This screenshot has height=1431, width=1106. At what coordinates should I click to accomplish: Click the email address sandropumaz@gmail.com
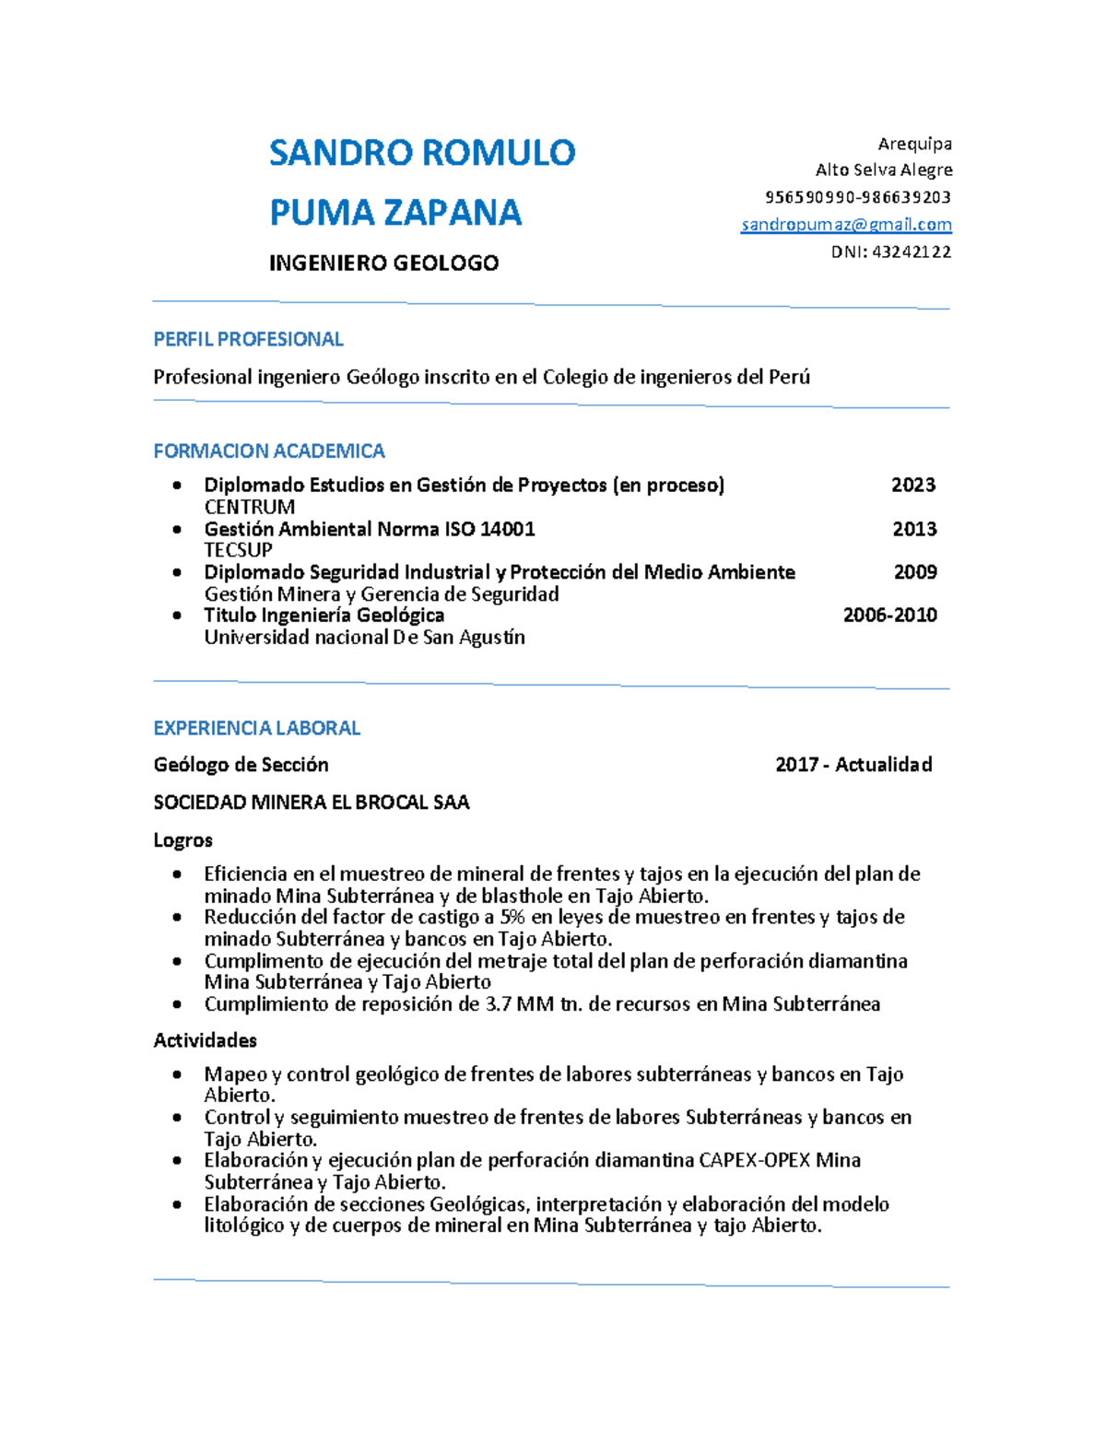click(846, 225)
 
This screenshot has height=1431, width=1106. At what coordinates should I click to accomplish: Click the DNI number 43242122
click(911, 252)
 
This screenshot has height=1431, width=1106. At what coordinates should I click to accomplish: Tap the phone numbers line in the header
click(857, 197)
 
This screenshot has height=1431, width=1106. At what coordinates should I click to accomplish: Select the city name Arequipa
click(914, 144)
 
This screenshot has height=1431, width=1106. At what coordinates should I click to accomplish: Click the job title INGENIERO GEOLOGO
click(383, 264)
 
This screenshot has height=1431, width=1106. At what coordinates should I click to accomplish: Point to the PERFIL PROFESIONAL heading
click(248, 339)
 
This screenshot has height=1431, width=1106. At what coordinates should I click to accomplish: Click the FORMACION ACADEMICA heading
click(268, 451)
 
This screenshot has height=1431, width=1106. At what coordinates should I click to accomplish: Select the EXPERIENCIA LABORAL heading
click(256, 728)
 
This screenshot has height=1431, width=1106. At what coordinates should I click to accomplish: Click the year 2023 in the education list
click(912, 485)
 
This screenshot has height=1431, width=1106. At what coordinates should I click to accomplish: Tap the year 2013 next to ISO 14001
click(914, 529)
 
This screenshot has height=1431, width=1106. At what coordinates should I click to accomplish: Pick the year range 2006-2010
click(889, 615)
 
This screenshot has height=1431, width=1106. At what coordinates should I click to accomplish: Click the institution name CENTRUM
click(249, 507)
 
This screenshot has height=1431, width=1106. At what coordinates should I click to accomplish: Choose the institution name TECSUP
click(238, 550)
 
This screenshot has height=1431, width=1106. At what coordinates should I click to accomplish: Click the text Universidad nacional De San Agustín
click(364, 637)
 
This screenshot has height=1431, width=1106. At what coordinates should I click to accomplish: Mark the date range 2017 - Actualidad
click(853, 764)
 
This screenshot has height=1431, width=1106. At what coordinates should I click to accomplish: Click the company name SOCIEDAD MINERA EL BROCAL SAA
click(311, 803)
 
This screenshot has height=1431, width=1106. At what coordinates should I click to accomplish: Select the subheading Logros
click(182, 840)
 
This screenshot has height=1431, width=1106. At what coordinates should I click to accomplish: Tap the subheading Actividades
click(205, 1040)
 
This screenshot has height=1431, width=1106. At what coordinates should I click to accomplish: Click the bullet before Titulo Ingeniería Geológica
click(177, 616)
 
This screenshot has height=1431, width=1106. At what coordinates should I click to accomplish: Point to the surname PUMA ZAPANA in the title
click(394, 212)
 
